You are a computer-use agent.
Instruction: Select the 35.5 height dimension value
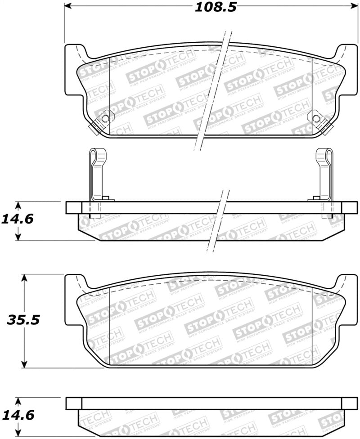pos(23,320)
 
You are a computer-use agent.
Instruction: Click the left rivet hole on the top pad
pos(105,119)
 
